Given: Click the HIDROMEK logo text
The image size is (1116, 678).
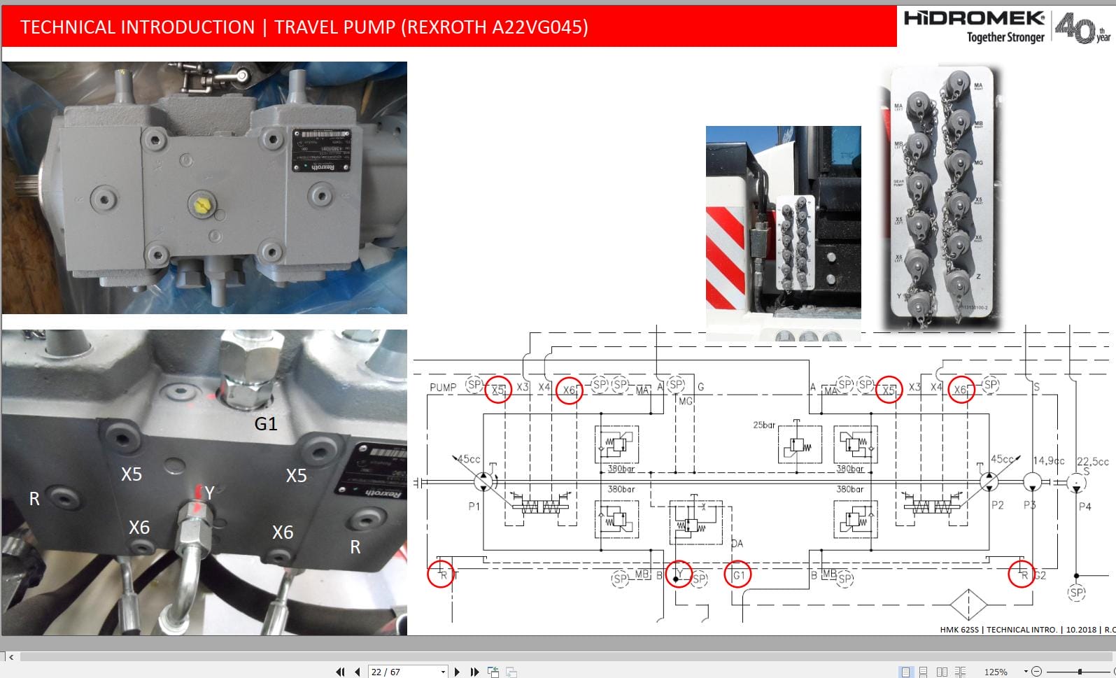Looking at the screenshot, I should (973, 19).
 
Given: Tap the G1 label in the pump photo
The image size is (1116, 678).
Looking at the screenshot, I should (266, 424).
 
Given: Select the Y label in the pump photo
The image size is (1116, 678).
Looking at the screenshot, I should (209, 494).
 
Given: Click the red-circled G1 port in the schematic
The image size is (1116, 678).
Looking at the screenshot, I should (738, 575).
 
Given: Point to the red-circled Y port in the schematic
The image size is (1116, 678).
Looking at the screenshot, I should (678, 574).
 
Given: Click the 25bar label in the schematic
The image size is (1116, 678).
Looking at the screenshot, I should (764, 425).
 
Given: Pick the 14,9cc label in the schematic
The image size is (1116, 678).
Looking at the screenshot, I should (1048, 460).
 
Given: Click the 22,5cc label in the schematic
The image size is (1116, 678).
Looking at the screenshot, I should (1092, 461).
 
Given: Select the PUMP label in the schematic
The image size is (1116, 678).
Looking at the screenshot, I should (443, 387).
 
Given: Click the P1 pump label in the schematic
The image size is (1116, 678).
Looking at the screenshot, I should (474, 506).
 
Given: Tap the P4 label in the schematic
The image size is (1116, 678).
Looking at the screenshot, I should (1085, 506).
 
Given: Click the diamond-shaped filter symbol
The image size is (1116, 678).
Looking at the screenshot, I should (968, 604).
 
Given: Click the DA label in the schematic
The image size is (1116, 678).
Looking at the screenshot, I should (737, 543).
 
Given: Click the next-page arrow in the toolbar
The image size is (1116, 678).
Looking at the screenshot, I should (457, 672).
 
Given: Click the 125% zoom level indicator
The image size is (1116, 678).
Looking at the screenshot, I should (995, 672).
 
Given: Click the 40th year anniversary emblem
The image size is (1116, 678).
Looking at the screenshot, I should (1081, 29).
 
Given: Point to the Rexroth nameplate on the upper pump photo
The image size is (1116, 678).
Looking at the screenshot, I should (321, 150).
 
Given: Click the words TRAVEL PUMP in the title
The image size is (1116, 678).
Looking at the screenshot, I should (334, 27).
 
